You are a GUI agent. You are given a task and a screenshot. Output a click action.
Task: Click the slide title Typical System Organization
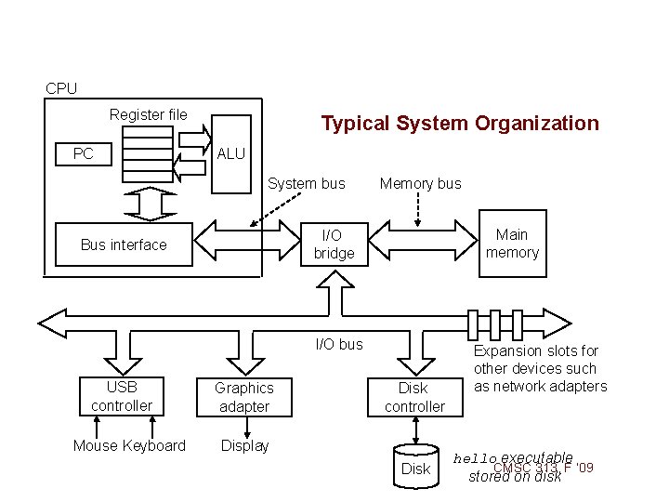460,123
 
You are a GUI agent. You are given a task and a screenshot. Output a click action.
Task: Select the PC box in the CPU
83,153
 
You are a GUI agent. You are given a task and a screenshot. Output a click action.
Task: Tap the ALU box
231,154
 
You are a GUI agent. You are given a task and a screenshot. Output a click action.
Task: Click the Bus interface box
124,244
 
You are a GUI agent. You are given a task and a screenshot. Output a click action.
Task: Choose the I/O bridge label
334,244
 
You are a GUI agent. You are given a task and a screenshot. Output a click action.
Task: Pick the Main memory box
512,244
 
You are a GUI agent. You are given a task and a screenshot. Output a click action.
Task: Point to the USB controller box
122,396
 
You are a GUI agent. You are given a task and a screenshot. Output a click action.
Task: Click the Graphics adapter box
243,397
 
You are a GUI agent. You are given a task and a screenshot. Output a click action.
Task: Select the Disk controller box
414,397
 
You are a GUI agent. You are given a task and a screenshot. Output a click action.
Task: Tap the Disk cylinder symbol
415,467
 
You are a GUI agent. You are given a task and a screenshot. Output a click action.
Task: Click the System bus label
307,183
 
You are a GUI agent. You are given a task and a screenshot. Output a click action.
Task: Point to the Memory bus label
420,183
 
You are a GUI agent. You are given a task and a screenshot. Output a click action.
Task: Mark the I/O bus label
339,344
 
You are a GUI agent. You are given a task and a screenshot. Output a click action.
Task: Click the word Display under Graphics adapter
244,445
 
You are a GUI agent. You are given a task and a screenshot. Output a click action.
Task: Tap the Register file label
148,114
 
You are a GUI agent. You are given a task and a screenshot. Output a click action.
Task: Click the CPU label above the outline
61,88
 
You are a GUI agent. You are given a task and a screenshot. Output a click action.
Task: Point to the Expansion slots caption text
540,368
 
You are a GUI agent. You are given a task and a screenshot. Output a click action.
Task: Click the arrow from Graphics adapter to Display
246,426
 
